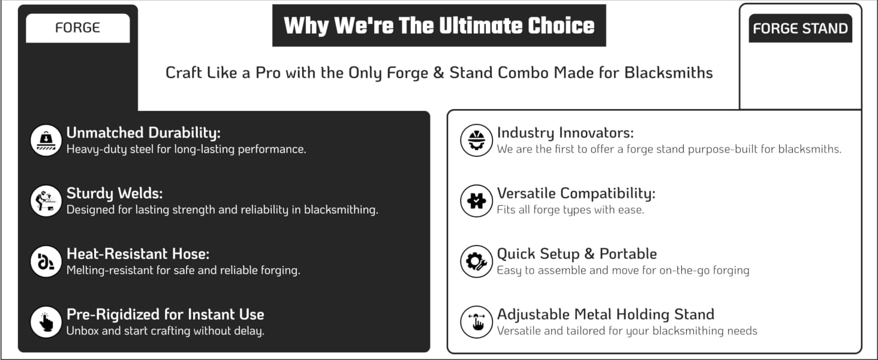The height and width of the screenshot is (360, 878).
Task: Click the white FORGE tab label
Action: click(77, 28)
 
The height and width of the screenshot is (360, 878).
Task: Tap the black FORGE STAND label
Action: click(801, 28)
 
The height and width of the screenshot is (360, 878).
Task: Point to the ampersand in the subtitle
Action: click(438, 73)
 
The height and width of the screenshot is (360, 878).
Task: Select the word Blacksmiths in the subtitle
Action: click(668, 73)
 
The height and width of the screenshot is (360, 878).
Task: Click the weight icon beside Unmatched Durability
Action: click(46, 140)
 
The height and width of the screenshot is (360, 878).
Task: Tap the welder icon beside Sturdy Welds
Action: click(46, 201)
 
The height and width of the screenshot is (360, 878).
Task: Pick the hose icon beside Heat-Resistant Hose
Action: click(46, 262)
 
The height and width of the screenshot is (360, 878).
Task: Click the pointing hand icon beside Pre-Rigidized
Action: click(46, 322)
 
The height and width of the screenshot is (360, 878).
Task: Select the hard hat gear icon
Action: click(476, 140)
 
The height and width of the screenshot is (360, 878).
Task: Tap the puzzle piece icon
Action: click(476, 201)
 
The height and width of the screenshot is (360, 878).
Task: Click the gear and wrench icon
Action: click(476, 262)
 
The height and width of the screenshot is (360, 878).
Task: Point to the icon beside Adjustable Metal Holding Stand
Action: click(476, 322)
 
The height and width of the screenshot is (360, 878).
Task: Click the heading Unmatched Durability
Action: click(143, 133)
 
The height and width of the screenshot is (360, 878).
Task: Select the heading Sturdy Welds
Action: click(115, 193)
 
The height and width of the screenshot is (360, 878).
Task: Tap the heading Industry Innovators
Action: click(565, 133)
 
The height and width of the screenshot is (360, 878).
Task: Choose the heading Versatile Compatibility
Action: click(576, 193)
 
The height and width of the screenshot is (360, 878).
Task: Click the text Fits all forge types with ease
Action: click(570, 210)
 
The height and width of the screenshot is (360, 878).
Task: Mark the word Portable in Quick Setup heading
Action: click(628, 254)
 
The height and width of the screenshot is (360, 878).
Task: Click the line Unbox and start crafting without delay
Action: click(166, 331)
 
